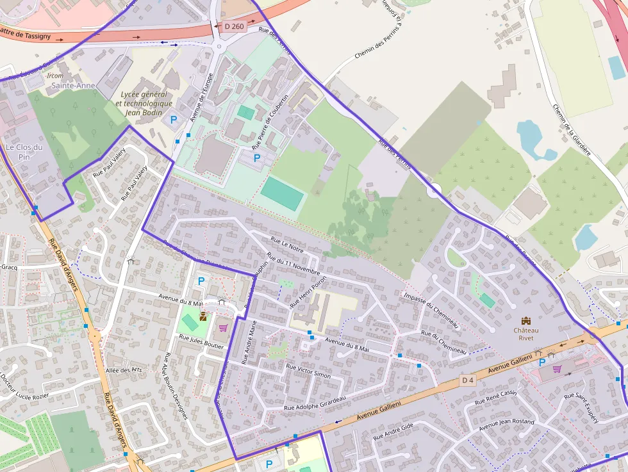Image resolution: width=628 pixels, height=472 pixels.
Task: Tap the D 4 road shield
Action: click(x=468, y=380)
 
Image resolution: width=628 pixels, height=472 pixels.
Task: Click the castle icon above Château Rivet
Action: click(x=526, y=320)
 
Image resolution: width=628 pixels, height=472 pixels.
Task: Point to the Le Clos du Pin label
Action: click(x=24, y=152)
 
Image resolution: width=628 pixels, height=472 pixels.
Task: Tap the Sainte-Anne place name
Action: click(x=74, y=85)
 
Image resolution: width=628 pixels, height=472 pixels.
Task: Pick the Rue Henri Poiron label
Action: click(x=308, y=291)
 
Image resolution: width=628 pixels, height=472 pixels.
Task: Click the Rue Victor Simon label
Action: click(x=308, y=371)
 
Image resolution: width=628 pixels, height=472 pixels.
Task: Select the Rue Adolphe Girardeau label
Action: click(x=315, y=403)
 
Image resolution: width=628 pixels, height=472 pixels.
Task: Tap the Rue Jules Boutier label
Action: click(x=201, y=341)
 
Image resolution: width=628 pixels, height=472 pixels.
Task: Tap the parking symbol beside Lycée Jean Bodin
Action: click(x=173, y=119)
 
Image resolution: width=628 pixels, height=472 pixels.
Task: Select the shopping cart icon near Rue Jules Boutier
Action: click(x=223, y=328)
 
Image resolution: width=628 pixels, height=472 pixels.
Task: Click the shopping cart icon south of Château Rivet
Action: click(x=557, y=369)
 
